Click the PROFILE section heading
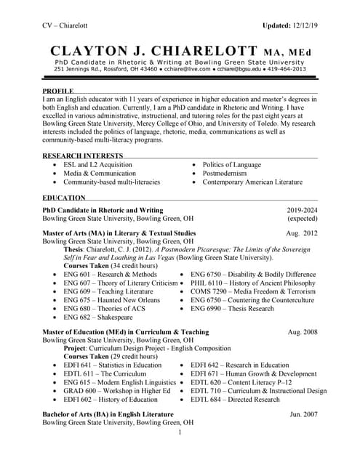pos(58,92)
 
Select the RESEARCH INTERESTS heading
pos(83,156)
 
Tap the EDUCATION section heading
pos(64,198)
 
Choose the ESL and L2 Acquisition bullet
pos(97,165)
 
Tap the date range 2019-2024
pos(302,210)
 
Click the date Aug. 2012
pos(302,233)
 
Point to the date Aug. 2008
pos(303,331)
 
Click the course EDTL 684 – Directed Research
pos(235,400)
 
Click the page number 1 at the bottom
pos(180,433)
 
